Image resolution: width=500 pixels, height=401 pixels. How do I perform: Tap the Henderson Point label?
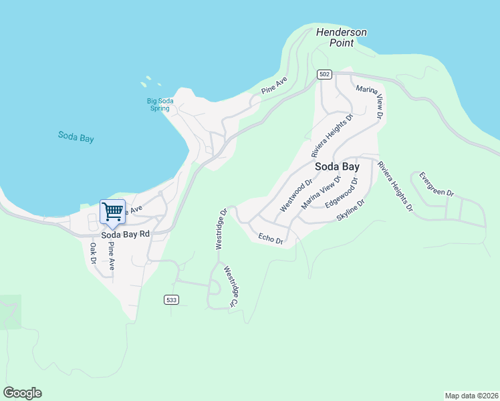click(x=342, y=37)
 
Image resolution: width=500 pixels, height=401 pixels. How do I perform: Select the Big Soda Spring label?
click(x=160, y=104)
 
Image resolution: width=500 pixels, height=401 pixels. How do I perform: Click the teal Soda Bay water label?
click(x=76, y=136)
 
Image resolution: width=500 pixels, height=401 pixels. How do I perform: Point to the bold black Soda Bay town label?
click(x=337, y=166)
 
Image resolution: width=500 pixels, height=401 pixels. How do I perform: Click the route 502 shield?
click(x=325, y=75)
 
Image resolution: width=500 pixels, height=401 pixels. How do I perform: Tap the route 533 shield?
click(x=172, y=300)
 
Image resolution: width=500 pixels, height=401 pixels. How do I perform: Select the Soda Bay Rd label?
click(x=125, y=235)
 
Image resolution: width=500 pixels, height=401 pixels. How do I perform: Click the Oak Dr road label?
click(x=93, y=253)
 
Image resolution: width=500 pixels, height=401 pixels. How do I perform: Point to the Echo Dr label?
click(x=271, y=238)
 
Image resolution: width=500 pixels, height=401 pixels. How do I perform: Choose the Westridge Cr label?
click(x=231, y=287)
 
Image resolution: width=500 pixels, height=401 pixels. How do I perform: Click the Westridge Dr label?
click(x=221, y=229)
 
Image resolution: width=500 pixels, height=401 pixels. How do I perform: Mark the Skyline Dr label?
click(x=352, y=212)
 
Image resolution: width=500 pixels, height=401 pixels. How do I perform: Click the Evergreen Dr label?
click(x=436, y=184)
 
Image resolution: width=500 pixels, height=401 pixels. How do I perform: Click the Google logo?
click(x=22, y=393)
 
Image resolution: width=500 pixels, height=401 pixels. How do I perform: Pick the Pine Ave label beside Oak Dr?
click(x=111, y=255)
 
